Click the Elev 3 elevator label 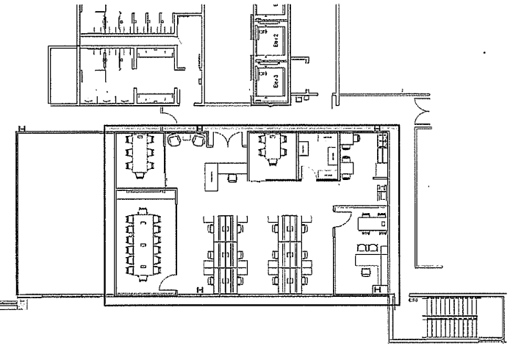click(273, 81)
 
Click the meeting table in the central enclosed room click(272, 152)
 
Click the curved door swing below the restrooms click(171, 116)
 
